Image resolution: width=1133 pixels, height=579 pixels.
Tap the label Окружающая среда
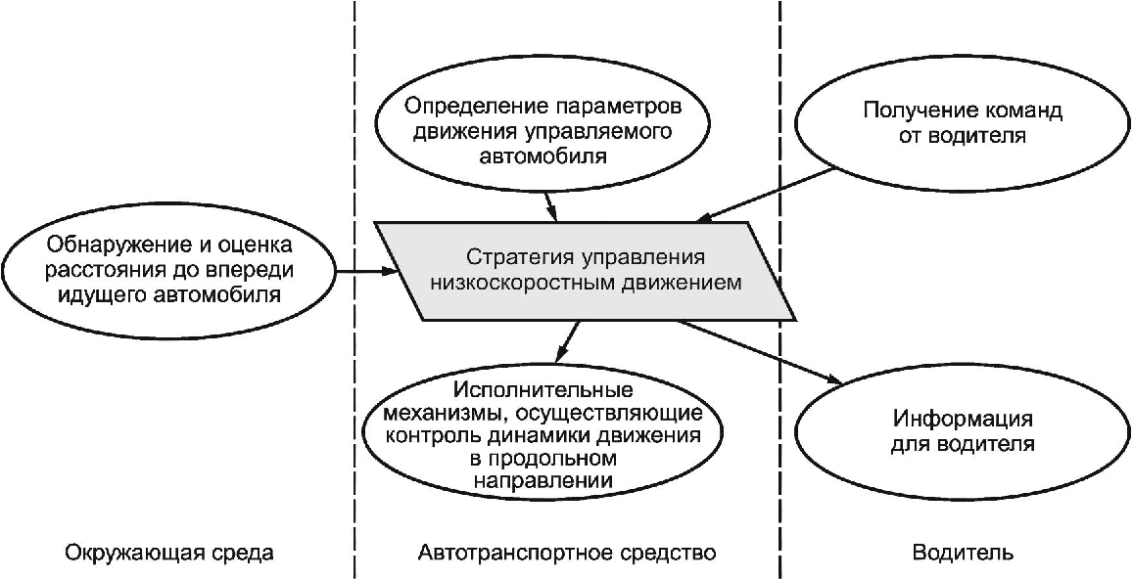(x=169, y=553)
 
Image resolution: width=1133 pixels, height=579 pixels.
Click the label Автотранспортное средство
(x=567, y=553)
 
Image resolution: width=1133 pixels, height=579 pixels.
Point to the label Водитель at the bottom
(x=963, y=553)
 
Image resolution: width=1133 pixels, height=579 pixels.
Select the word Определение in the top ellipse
(x=461, y=106)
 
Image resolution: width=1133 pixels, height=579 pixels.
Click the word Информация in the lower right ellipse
(x=963, y=421)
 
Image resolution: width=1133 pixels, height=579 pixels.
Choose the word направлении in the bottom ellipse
(x=544, y=480)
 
